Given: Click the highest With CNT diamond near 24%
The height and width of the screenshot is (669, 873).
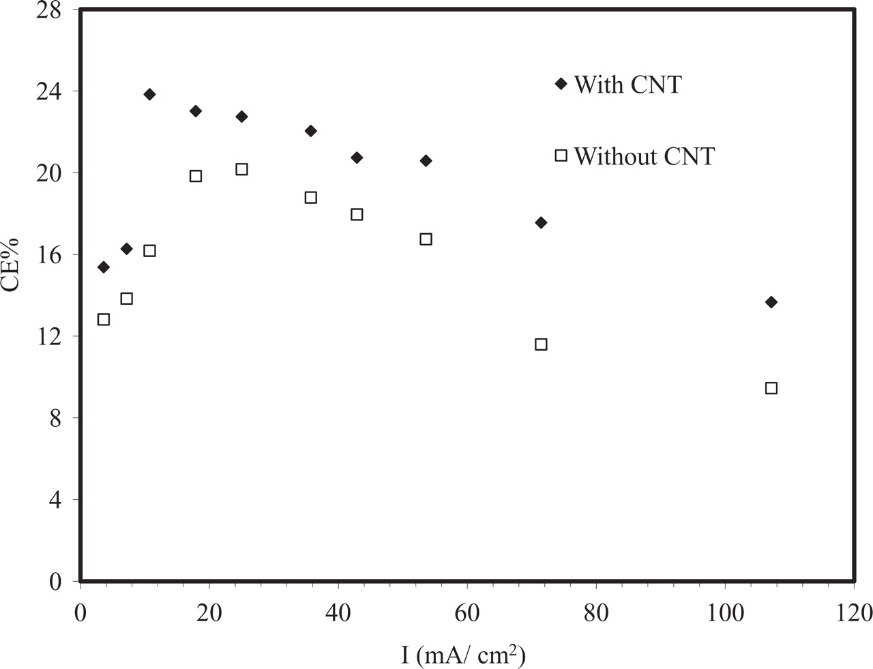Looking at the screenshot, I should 149,94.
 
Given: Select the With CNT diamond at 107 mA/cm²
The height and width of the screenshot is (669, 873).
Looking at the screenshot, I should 771,302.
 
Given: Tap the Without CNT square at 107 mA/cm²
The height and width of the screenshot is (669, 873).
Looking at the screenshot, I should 771,388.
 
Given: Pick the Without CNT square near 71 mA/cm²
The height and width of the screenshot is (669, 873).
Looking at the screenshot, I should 541,344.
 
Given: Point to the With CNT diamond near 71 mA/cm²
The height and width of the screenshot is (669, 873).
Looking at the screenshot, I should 541,222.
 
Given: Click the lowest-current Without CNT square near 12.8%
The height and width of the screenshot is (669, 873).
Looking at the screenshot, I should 104,319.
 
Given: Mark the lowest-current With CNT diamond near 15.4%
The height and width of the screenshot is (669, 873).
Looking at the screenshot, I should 104,267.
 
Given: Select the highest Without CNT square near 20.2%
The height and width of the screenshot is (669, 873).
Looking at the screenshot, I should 241,169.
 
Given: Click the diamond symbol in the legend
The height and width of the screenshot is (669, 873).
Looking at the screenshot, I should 561,84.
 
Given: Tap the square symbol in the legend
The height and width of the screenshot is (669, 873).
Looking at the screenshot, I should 561,155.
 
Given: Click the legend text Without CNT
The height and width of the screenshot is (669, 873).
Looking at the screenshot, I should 644,156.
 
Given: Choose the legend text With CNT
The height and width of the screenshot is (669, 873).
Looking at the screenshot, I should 627,85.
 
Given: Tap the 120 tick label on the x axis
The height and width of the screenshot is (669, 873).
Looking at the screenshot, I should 853,612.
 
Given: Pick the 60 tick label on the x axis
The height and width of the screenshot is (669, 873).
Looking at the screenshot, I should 467,612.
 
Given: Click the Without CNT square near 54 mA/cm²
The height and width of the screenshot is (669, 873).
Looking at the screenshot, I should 426,239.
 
